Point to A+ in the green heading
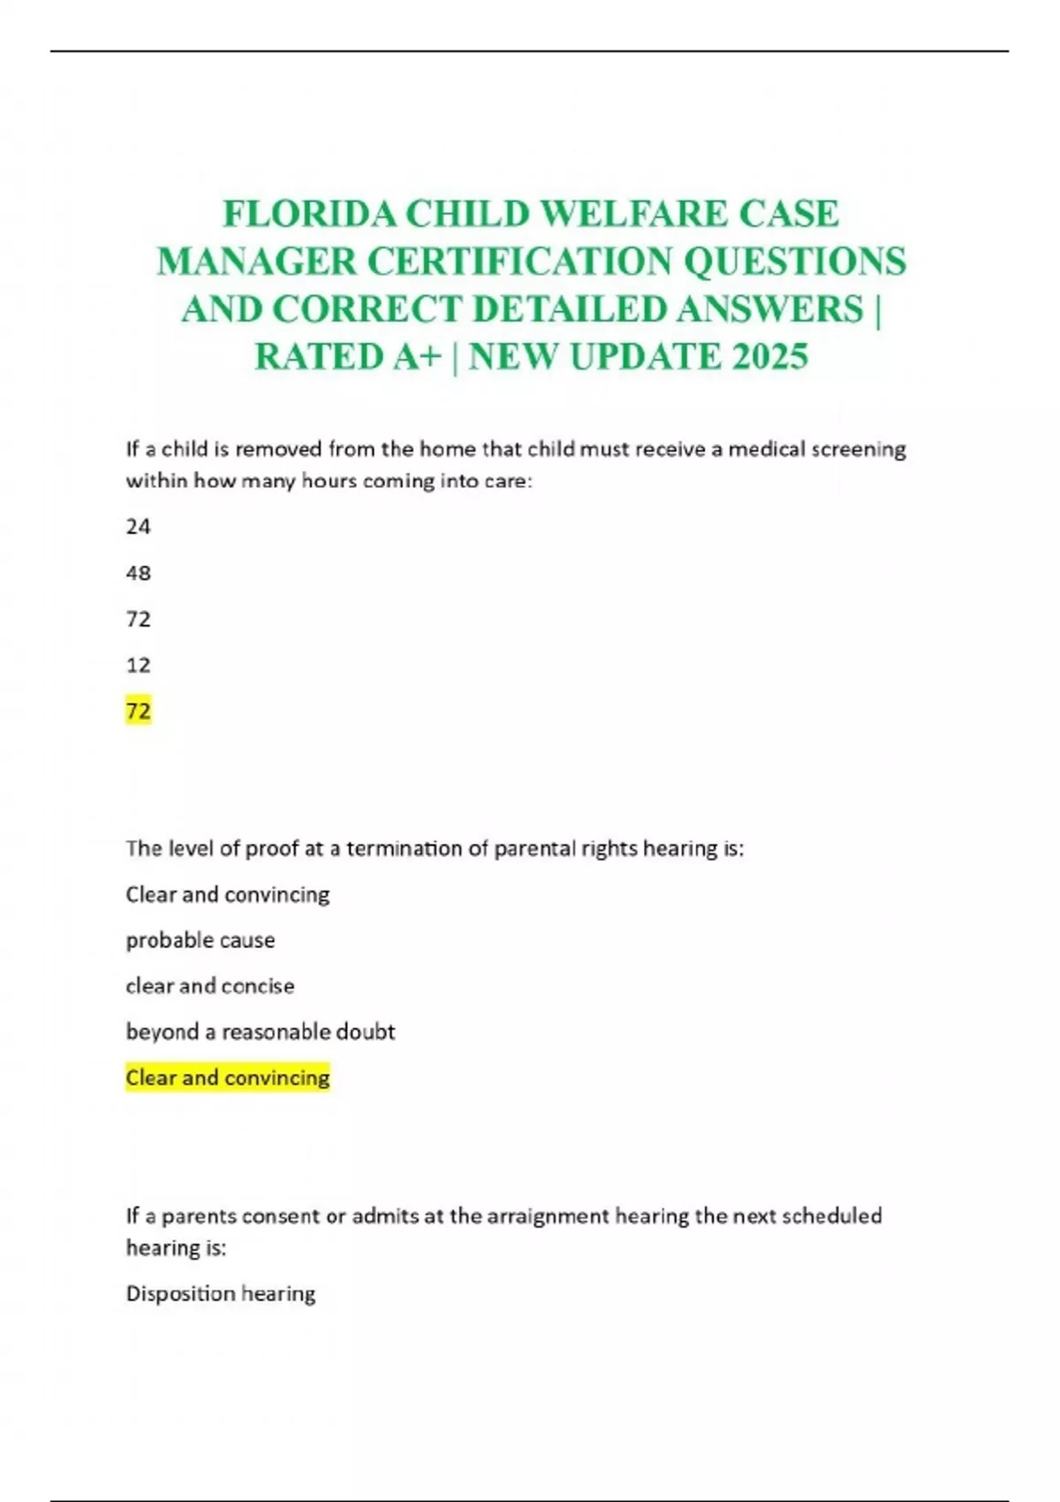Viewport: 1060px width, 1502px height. tap(416, 357)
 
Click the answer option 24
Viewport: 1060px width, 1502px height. tap(139, 527)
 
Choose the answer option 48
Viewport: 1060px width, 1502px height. tap(139, 573)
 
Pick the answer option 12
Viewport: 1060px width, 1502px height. tap(139, 664)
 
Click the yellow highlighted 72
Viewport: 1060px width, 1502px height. tap(139, 710)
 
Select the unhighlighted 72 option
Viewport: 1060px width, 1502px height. tap(139, 618)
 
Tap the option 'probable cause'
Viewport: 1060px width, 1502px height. tap(201, 940)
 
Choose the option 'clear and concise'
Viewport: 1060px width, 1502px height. tap(210, 986)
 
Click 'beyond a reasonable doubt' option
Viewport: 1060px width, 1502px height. tap(261, 1032)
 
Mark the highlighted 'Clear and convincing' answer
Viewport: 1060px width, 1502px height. tap(228, 1078)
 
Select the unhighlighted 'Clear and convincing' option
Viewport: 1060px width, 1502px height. tap(228, 894)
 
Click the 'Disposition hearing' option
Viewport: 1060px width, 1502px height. tap(221, 1293)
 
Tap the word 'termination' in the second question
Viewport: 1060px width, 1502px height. tap(404, 848)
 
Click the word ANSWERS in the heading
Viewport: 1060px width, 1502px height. tap(769, 309)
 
